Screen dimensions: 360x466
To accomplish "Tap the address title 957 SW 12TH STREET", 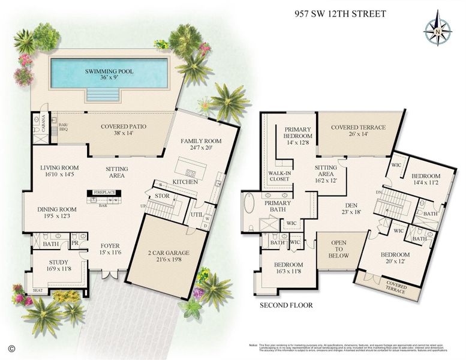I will pos(341,14).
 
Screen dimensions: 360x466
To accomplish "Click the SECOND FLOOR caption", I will pos(286,305).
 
